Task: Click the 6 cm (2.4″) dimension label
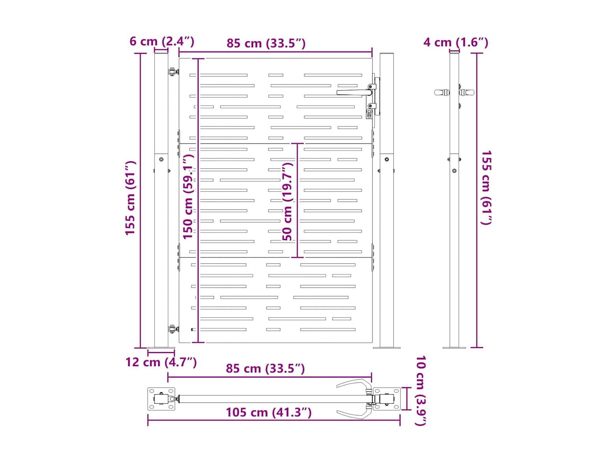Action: pyautogui.click(x=162, y=41)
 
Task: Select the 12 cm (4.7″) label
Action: pyautogui.click(x=161, y=362)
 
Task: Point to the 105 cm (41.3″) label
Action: pyautogui.click(x=269, y=412)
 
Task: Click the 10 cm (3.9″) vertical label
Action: pyautogui.click(x=421, y=391)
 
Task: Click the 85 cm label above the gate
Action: pyautogui.click(x=266, y=43)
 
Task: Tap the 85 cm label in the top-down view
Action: pyautogui.click(x=265, y=368)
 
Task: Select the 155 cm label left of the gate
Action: pyautogui.click(x=130, y=198)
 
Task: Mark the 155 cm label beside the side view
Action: pyautogui.click(x=486, y=188)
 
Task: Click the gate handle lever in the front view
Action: pyautogui.click(x=355, y=92)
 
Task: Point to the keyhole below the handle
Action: pyautogui.click(x=369, y=113)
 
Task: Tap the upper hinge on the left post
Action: pyautogui.click(x=173, y=72)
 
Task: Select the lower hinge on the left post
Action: pyautogui.click(x=173, y=329)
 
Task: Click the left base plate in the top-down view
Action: pyautogui.click(x=161, y=399)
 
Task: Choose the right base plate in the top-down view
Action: pyautogui.click(x=387, y=399)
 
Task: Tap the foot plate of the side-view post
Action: pyautogui.click(x=454, y=348)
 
